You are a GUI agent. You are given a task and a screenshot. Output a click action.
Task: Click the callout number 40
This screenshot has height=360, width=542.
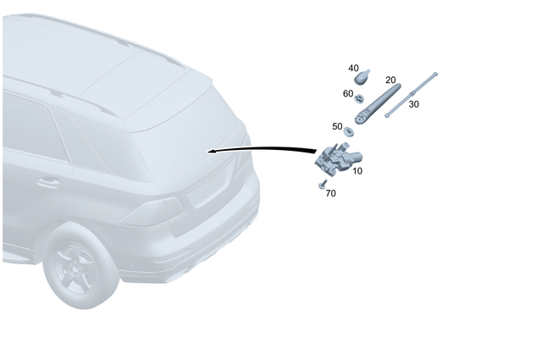point(354,68)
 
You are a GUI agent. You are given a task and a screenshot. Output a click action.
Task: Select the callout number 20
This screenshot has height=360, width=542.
point(390,79)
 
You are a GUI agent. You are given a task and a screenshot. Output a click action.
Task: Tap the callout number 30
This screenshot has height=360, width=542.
point(413,103)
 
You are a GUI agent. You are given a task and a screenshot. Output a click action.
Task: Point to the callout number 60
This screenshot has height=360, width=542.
point(348,93)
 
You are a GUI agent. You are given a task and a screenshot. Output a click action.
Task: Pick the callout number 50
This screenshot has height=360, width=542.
point(337,126)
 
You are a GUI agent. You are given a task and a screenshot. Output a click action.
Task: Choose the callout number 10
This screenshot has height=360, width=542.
point(357,170)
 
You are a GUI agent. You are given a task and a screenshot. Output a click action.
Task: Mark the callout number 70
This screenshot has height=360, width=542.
point(330,193)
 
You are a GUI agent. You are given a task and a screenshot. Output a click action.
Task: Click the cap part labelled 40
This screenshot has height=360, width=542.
point(362,78)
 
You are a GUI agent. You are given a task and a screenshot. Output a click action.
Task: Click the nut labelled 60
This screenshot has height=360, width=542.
point(359,99)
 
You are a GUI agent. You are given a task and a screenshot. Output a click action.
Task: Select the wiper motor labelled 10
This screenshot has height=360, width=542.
point(336,158)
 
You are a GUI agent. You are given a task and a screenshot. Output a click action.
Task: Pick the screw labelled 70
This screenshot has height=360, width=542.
point(322,183)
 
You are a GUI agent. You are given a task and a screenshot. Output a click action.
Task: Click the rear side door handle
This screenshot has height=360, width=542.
point(48,182)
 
